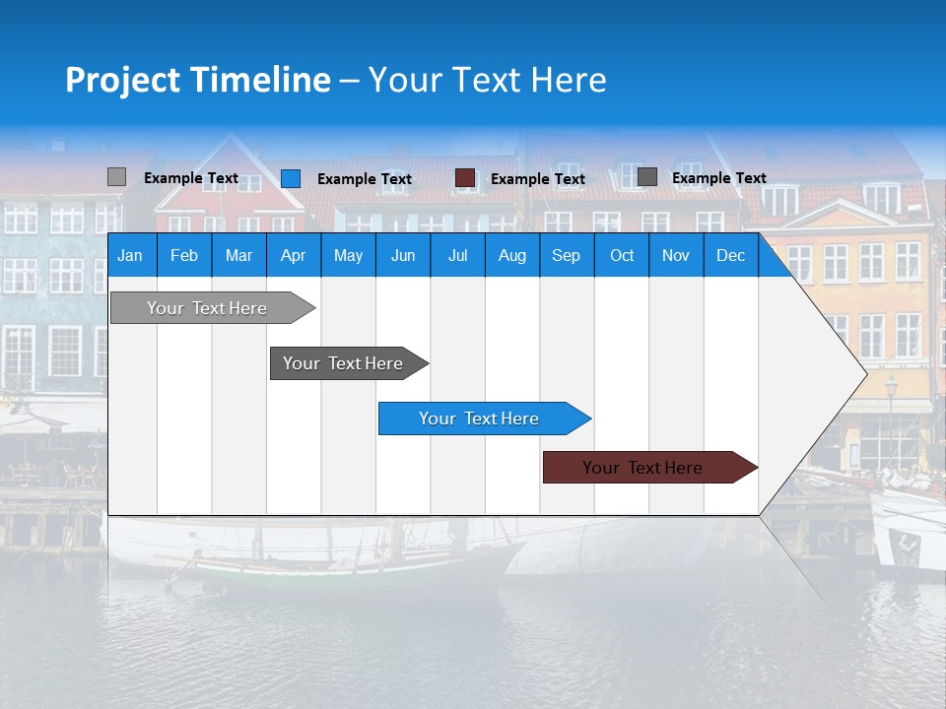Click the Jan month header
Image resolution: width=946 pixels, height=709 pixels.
[130, 255]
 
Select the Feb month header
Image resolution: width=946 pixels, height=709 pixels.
[184, 255]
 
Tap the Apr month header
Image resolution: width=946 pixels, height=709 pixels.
[293, 255]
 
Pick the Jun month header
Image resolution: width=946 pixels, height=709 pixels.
[402, 255]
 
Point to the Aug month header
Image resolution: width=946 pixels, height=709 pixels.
[511, 255]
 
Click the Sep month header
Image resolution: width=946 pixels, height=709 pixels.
[566, 255]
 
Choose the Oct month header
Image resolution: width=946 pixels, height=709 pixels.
[621, 255]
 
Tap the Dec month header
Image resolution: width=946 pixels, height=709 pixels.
[730, 255]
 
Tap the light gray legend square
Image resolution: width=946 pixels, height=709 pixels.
[116, 177]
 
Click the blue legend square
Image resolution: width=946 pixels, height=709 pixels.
[290, 178]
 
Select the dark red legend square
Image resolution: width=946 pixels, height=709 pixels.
[465, 178]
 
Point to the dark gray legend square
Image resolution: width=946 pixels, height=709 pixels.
[646, 177]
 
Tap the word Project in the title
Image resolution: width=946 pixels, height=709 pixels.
[122, 80]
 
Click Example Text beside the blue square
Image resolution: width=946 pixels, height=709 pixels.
[365, 179]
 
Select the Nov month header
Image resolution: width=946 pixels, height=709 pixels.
[676, 255]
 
